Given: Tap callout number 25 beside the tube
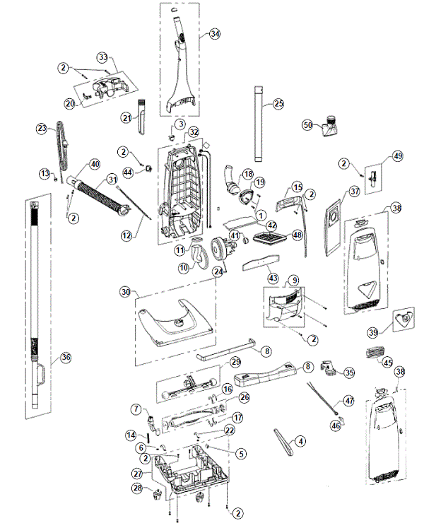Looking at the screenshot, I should tap(278, 104).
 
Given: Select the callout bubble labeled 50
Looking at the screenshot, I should tap(307, 124).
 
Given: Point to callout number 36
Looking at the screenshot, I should tap(66, 357).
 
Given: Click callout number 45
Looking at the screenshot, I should tap(388, 363).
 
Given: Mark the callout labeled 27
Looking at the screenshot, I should tap(137, 474).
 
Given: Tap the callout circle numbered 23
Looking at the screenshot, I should tap(41, 128).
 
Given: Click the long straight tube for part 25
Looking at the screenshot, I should tap(258, 131).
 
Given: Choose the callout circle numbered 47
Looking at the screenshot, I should tap(348, 401).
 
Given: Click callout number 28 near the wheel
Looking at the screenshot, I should tap(136, 488).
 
